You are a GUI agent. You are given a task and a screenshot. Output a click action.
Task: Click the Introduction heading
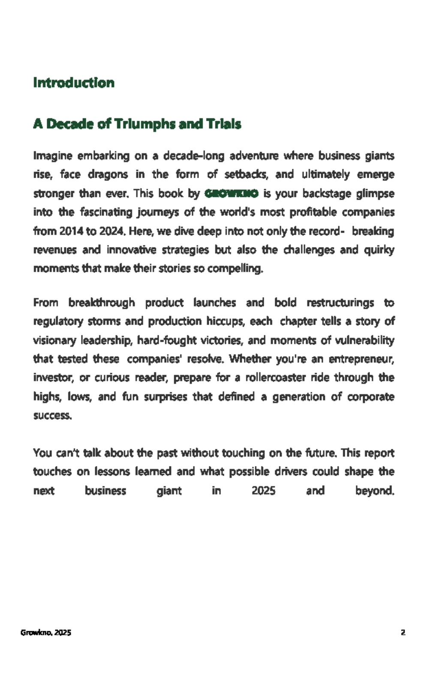coord(74,82)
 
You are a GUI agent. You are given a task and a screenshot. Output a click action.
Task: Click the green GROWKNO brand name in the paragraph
coord(232,194)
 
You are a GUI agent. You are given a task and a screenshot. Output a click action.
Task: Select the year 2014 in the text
coord(71,231)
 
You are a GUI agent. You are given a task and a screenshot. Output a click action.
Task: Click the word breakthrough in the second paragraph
coord(101,303)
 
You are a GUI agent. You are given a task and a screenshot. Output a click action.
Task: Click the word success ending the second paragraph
coord(52,415)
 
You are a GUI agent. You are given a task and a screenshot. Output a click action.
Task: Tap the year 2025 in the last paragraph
coord(263,490)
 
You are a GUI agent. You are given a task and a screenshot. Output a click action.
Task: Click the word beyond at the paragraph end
coord(374,490)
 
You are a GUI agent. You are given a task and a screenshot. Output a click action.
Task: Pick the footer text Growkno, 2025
coord(46,633)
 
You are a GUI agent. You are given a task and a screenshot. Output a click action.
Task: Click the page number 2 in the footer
coord(403,633)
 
